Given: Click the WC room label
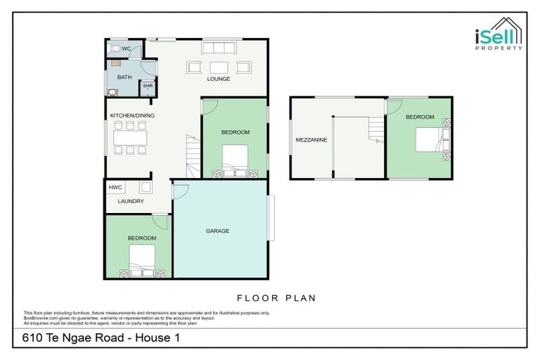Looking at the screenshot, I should click(x=127, y=49).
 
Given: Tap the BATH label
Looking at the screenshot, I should click(x=124, y=77).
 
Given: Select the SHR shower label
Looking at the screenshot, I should click(x=148, y=86).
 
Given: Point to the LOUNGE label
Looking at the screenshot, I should click(x=219, y=79).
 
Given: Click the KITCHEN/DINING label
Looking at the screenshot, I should click(x=131, y=115).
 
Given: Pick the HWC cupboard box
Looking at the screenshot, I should click(x=115, y=188).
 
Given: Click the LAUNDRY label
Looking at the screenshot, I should click(x=131, y=201).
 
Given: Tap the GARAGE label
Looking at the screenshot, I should click(x=217, y=231).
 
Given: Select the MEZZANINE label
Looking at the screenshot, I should click(x=311, y=140).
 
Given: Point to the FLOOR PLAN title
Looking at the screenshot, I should click(x=276, y=298).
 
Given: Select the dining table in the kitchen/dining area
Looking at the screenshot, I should click(x=130, y=137).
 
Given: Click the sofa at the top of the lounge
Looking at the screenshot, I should click(x=219, y=48).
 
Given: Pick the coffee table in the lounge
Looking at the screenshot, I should click(x=219, y=67).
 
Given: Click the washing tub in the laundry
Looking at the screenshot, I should click(x=146, y=187).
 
